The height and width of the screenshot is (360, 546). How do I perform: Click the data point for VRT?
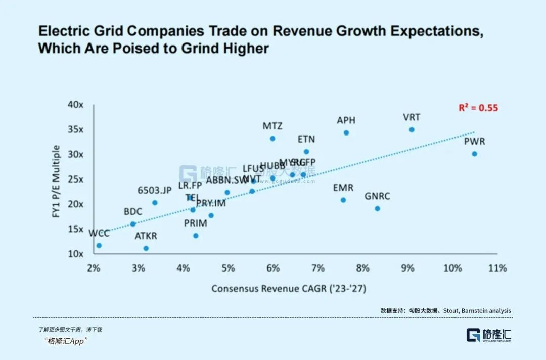click(412, 130)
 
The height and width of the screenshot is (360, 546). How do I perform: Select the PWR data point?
click(474, 154)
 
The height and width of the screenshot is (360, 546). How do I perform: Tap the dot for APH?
click(346, 133)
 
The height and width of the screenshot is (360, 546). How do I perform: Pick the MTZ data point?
click(272, 139)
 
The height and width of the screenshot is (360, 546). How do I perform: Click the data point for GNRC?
click(377, 209)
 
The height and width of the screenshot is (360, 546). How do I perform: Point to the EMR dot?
click(343, 200)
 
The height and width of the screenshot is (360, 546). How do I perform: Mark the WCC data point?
click(99, 246)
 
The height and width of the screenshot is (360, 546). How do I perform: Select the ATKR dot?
click(146, 248)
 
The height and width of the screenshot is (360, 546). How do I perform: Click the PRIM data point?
click(196, 236)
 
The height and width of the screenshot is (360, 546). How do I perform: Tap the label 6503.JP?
click(155, 191)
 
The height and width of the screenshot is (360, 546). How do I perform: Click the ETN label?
click(306, 139)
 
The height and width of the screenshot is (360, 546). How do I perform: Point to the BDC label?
click(133, 212)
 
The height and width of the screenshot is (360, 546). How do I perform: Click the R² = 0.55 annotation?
click(478, 108)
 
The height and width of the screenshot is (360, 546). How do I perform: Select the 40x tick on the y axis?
click(76, 105)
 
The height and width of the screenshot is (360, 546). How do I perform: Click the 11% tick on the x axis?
click(497, 268)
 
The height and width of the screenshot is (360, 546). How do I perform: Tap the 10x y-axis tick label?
click(76, 253)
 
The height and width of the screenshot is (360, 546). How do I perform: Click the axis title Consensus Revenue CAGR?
click(288, 289)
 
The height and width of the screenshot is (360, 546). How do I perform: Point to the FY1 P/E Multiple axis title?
click(57, 182)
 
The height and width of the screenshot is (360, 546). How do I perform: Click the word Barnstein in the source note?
click(475, 311)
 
